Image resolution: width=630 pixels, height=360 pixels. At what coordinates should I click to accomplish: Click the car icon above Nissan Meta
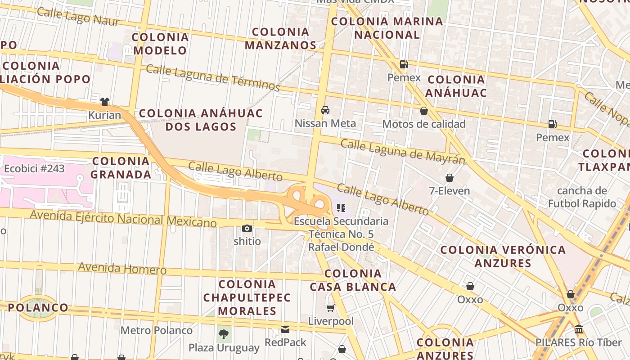(325, 110)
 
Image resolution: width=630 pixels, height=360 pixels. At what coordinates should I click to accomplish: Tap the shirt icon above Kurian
(105, 102)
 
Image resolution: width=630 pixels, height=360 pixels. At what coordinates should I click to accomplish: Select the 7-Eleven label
(449, 191)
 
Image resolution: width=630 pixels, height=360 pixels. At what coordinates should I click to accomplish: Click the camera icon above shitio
(247, 228)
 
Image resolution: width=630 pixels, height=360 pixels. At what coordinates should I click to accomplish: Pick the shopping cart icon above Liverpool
(331, 308)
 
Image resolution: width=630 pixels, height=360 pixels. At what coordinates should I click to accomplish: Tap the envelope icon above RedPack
(285, 329)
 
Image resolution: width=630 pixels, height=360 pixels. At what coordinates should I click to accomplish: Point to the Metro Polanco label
(156, 330)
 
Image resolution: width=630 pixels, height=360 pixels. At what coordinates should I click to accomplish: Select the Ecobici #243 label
(34, 169)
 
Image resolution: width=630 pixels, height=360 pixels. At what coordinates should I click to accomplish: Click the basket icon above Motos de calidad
(423, 111)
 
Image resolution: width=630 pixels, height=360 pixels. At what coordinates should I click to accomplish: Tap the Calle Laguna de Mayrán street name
(402, 152)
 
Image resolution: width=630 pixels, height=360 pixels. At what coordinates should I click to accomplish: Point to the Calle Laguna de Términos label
(213, 77)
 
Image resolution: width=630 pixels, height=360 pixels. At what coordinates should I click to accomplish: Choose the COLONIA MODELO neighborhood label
(160, 44)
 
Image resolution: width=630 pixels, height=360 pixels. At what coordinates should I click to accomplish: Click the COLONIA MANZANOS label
(281, 39)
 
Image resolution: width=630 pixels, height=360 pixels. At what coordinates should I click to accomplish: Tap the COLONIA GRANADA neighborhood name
(121, 167)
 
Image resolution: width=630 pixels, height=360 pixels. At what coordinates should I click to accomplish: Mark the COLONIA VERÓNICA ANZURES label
(503, 256)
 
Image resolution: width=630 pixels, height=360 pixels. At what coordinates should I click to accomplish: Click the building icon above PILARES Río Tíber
(579, 329)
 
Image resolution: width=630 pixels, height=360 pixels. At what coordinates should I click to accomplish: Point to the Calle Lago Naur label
(78, 16)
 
